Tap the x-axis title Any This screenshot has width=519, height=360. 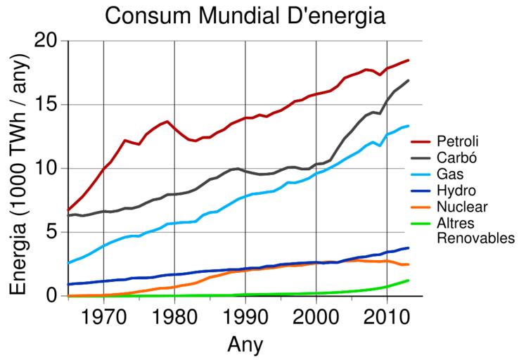coord(245,345)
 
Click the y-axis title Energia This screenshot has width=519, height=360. coord(21,169)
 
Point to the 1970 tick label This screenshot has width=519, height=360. coord(104,314)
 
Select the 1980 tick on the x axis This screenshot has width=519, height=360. coord(174,314)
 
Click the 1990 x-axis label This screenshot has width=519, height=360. coord(245,314)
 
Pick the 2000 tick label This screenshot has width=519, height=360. coord(316,314)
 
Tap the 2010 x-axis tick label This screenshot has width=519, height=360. coord(387,314)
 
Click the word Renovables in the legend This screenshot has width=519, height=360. coord(476,239)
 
